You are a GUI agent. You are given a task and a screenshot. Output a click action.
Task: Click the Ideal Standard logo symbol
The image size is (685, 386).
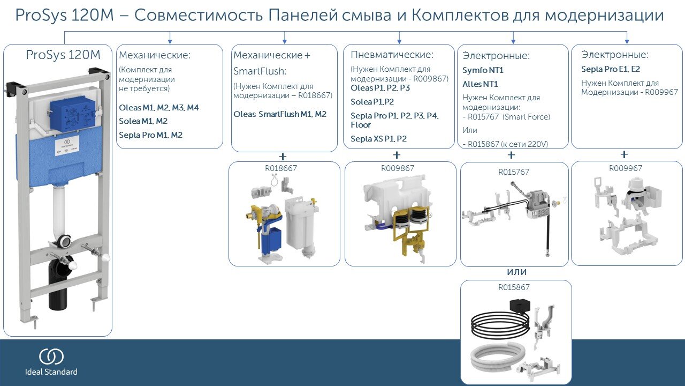[51, 357]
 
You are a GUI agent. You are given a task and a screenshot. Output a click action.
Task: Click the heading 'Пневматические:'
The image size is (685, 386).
[392, 55]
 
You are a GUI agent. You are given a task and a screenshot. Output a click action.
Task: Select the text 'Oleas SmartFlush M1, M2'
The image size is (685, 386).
[280, 114]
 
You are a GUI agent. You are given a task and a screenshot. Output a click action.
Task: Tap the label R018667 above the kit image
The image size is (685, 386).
[281, 168]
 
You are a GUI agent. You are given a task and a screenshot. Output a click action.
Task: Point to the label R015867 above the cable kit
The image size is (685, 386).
[514, 287]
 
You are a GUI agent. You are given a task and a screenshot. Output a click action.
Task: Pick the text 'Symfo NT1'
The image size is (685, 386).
[483, 70]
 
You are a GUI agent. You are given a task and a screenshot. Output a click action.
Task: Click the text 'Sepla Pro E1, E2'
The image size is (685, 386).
[611, 69]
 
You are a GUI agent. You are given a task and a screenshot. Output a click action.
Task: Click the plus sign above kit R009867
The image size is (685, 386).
[397, 155]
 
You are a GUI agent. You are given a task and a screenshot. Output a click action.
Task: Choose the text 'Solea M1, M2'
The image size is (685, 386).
[143, 121]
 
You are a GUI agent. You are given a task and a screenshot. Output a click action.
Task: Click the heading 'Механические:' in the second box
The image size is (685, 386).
[155, 55]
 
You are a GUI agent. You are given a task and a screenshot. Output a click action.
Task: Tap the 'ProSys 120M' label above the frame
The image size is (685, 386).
[63, 55]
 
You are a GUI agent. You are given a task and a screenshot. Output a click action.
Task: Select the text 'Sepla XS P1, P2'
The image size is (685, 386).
[378, 139]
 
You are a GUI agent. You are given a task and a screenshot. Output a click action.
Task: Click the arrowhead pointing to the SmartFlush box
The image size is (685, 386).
[285, 41]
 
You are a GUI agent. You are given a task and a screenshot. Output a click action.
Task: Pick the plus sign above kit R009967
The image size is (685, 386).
[624, 155]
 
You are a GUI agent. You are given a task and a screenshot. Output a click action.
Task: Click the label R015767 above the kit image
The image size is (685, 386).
[514, 172]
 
